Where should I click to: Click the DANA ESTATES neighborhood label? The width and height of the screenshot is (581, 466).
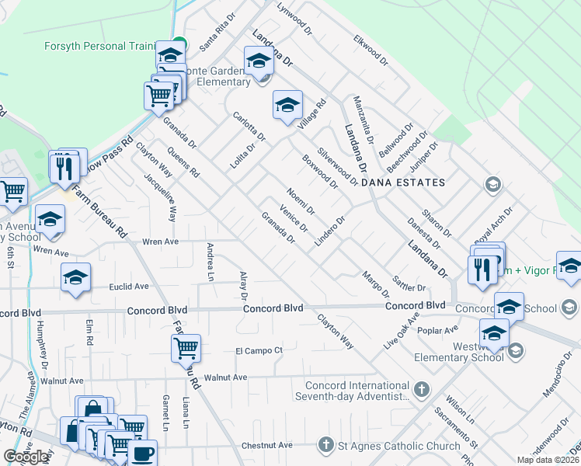click(x=414, y=183)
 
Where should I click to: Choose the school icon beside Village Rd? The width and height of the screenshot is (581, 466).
click(x=287, y=104)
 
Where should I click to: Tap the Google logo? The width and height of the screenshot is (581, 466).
click(x=26, y=457)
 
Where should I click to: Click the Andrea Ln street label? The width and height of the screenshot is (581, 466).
click(x=210, y=261)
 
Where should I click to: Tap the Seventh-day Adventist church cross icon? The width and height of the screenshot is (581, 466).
click(x=421, y=388)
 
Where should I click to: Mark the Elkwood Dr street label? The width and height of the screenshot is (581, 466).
click(x=370, y=48)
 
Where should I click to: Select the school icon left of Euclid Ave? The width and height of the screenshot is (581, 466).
click(x=75, y=276)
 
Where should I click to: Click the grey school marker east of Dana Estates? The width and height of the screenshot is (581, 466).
click(x=491, y=184)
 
